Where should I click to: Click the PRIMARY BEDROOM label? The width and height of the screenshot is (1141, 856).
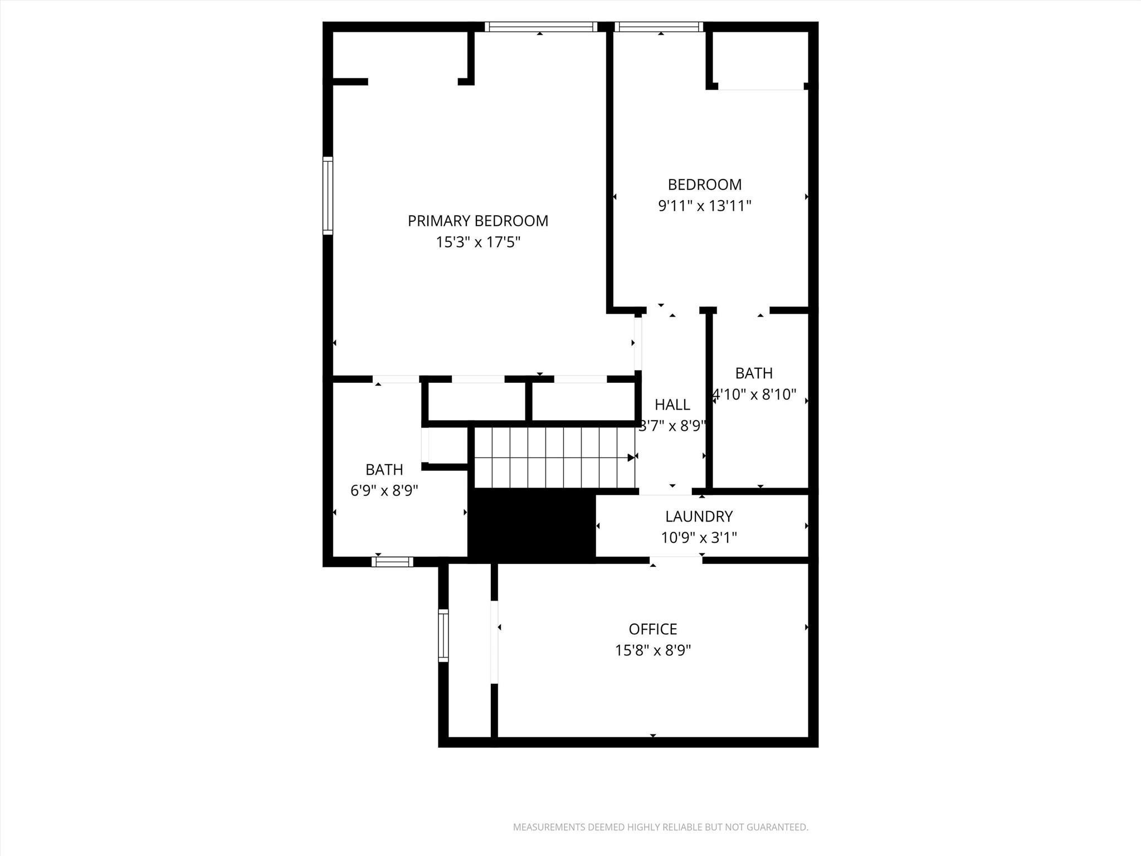click(477, 221)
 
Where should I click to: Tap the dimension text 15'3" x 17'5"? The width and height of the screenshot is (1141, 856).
click(477, 242)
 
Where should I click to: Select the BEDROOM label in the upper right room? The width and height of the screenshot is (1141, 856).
click(704, 184)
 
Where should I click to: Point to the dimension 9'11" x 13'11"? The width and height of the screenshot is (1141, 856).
click(704, 206)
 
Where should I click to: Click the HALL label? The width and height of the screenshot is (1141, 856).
click(672, 405)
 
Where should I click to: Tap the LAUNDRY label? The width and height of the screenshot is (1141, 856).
click(699, 517)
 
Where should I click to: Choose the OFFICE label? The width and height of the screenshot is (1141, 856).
click(652, 629)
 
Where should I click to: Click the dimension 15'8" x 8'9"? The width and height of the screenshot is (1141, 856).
click(652, 650)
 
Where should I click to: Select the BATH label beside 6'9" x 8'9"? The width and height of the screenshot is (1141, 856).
click(384, 469)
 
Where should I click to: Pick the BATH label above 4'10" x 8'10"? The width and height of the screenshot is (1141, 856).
click(754, 373)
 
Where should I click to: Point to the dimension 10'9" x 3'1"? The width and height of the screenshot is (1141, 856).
click(699, 538)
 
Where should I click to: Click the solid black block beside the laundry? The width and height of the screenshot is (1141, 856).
click(532, 525)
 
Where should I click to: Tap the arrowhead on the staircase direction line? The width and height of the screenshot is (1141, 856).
click(631, 458)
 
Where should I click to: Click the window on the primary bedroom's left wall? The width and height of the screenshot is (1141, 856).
click(328, 195)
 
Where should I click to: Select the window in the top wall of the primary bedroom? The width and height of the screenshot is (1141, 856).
click(540, 27)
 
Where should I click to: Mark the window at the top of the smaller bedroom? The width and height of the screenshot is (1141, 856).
click(659, 27)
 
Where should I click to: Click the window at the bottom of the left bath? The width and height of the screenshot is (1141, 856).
click(392, 562)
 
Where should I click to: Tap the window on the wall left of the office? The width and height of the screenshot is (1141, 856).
click(443, 635)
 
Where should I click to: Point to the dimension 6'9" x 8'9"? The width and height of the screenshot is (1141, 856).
click(384, 491)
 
